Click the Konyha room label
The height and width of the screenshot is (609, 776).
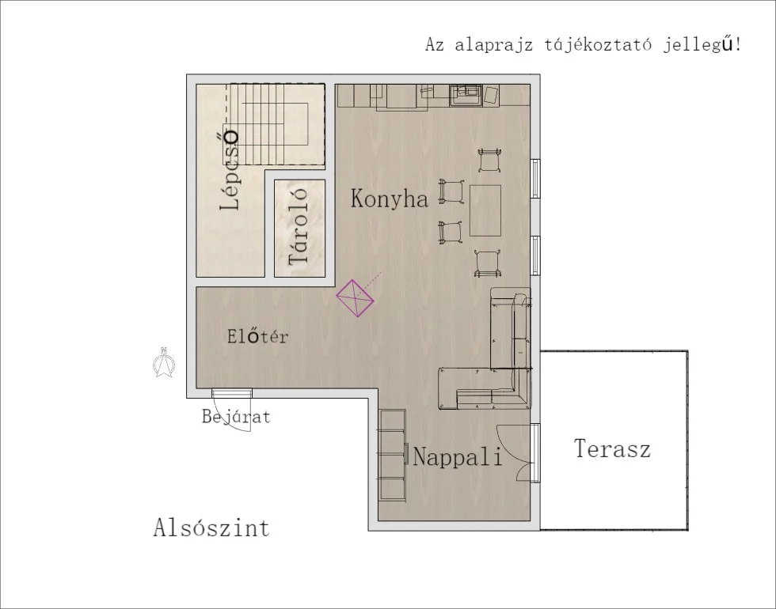pyautogui.click(x=389, y=199)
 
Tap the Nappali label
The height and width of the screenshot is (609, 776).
pyautogui.click(x=458, y=457)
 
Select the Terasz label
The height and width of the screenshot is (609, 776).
pyautogui.click(x=612, y=449)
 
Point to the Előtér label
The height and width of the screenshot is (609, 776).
pyautogui.click(x=257, y=337)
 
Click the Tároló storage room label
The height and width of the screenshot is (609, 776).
pyautogui.click(x=299, y=230)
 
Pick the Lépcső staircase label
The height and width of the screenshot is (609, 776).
pyautogui.click(x=230, y=169)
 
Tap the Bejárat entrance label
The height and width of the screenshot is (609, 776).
pyautogui.click(x=235, y=416)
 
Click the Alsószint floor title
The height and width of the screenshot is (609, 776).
pyautogui.click(x=211, y=528)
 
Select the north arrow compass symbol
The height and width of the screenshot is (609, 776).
pyautogui.click(x=165, y=363)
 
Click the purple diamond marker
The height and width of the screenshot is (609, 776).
pyautogui.click(x=356, y=299)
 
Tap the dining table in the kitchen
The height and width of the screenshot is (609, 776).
pyautogui.click(x=485, y=210)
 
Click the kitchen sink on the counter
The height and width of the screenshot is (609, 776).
pyautogui.click(x=466, y=95)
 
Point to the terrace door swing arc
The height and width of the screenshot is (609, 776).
pyautogui.click(x=522, y=452)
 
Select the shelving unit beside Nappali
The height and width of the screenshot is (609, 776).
pyautogui.click(x=392, y=454)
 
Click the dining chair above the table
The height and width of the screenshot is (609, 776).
pyautogui.click(x=489, y=160)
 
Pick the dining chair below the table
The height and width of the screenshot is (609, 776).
pyautogui.click(x=486, y=262)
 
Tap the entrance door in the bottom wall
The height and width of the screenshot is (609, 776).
pyautogui.click(x=232, y=393)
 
